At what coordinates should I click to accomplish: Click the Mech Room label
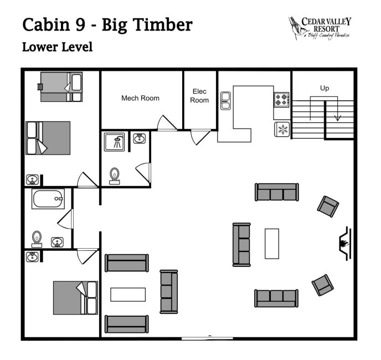(140, 98)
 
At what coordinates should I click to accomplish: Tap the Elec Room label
(199, 96)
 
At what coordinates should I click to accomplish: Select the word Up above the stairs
(325, 88)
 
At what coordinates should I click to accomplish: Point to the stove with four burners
(282, 100)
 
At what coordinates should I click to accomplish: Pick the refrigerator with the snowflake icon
(282, 129)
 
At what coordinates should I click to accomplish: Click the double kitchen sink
(225, 101)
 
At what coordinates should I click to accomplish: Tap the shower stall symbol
(115, 142)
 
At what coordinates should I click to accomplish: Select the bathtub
(48, 199)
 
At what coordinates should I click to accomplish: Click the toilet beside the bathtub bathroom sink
(37, 239)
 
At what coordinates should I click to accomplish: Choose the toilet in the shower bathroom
(115, 176)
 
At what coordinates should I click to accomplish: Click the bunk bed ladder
(40, 87)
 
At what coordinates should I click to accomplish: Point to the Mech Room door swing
(167, 124)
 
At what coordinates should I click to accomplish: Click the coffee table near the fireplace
(272, 244)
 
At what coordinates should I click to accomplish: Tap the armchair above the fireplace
(328, 207)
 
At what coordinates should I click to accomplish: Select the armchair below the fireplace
(323, 285)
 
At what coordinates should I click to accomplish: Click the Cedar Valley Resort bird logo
(296, 28)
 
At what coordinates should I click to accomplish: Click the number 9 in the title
(80, 25)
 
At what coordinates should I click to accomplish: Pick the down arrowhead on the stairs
(337, 118)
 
